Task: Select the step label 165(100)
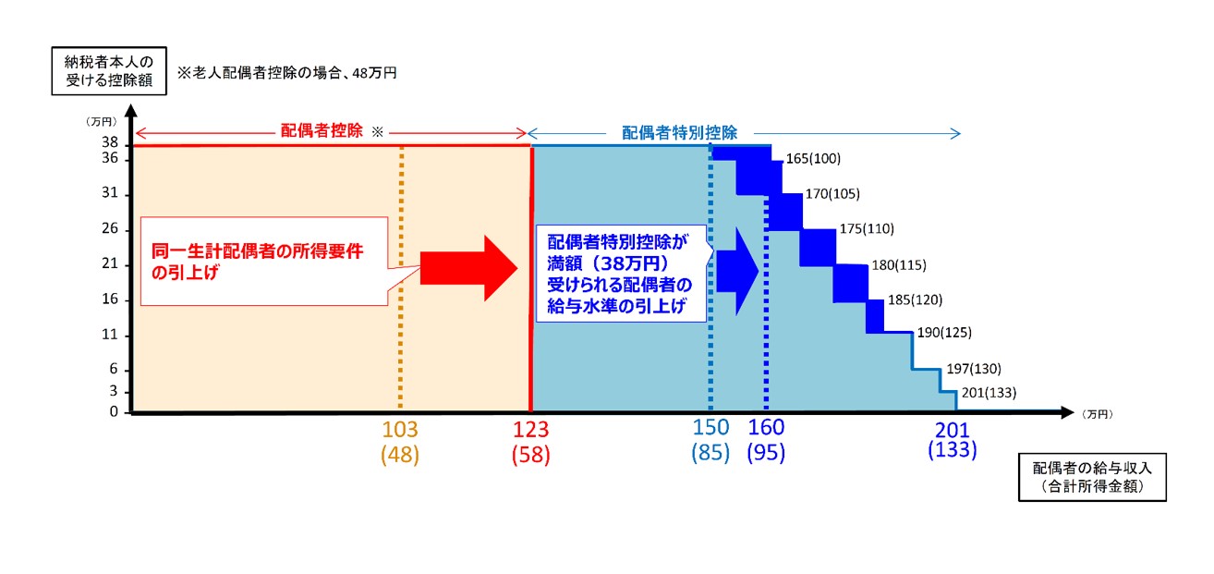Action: pyautogui.click(x=813, y=159)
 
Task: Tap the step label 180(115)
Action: pyautogui.click(x=899, y=265)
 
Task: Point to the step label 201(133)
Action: pyautogui.click(x=988, y=393)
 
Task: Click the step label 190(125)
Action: pyautogui.click(x=943, y=332)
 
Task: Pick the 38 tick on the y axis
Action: pyautogui.click(x=110, y=143)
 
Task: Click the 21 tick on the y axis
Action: pyautogui.click(x=110, y=264)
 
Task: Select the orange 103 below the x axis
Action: pyautogui.click(x=400, y=430)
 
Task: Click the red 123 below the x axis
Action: pyautogui.click(x=530, y=430)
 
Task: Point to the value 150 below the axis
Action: pyautogui.click(x=710, y=428)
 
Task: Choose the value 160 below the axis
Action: pyautogui.click(x=766, y=428)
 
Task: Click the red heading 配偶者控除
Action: pyautogui.click(x=322, y=131)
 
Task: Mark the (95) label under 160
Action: pyautogui.click(x=766, y=455)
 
